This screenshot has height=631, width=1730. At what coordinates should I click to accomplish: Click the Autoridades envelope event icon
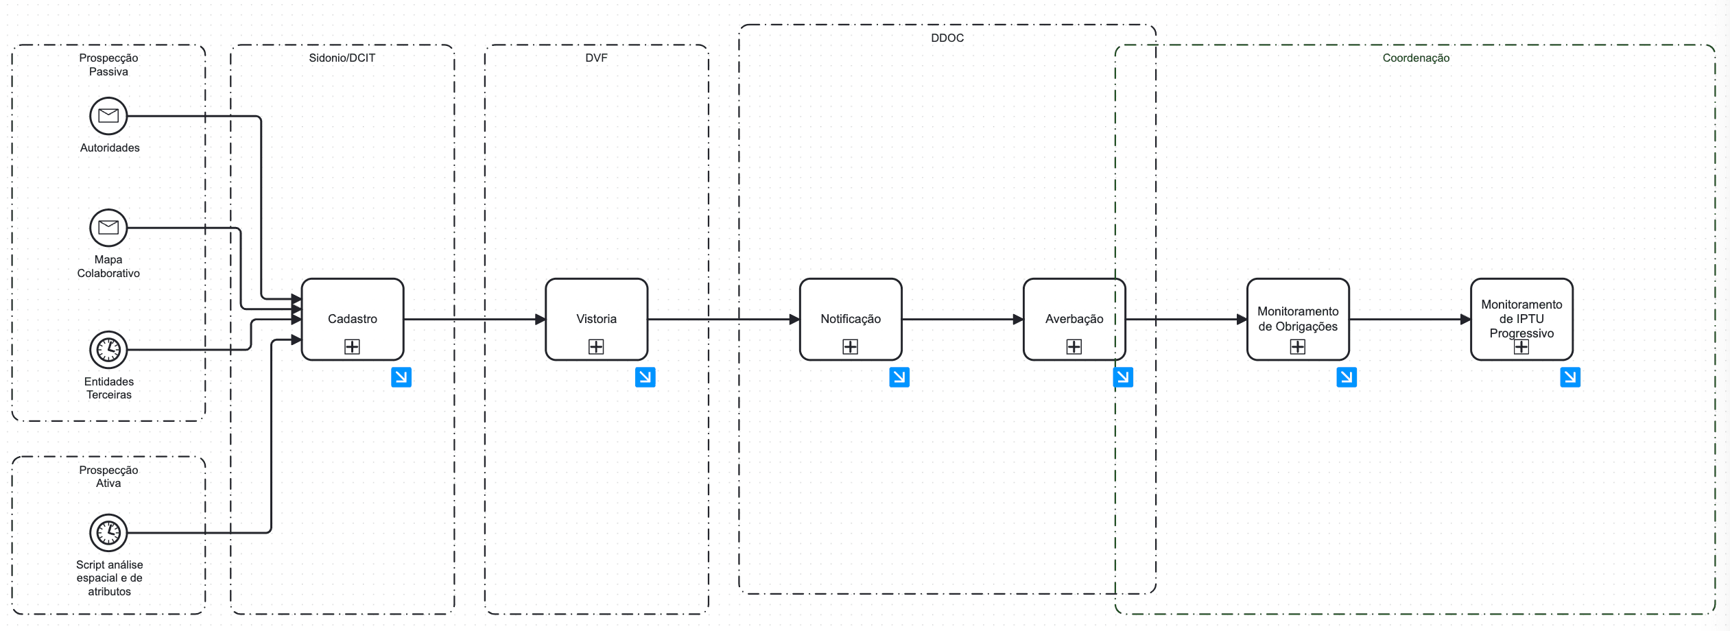click(108, 116)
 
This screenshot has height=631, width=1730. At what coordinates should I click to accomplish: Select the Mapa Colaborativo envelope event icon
click(108, 228)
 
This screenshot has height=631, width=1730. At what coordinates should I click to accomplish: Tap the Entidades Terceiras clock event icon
click(108, 350)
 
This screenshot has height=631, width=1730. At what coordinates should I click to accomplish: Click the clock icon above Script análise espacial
click(108, 533)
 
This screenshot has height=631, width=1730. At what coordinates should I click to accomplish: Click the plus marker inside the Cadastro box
click(352, 347)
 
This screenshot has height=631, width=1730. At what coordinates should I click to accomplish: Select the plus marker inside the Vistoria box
click(596, 347)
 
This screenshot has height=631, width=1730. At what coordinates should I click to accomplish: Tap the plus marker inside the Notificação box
click(851, 347)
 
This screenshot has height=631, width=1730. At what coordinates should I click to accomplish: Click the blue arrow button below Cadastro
click(401, 377)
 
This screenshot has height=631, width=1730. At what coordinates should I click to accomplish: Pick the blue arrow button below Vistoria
click(645, 377)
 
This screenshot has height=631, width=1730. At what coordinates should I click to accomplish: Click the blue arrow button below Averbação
click(1123, 377)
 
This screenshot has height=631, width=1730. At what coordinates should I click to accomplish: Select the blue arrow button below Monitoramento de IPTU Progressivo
click(1570, 377)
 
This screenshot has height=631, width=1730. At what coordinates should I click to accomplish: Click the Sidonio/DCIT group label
click(342, 58)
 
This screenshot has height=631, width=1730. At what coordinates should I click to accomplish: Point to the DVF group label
click(596, 58)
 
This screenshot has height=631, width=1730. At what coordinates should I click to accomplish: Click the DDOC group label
click(947, 38)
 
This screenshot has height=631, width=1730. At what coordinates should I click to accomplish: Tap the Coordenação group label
click(1416, 58)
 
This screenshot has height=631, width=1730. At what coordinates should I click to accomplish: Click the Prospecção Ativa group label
click(108, 477)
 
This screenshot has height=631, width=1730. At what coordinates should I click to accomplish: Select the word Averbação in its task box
click(1074, 319)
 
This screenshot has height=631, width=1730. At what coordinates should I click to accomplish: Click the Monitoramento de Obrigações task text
click(1298, 319)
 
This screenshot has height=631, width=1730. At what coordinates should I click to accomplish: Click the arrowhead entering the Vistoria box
click(541, 320)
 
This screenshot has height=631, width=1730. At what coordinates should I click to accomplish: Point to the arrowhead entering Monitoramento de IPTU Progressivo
click(1466, 320)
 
